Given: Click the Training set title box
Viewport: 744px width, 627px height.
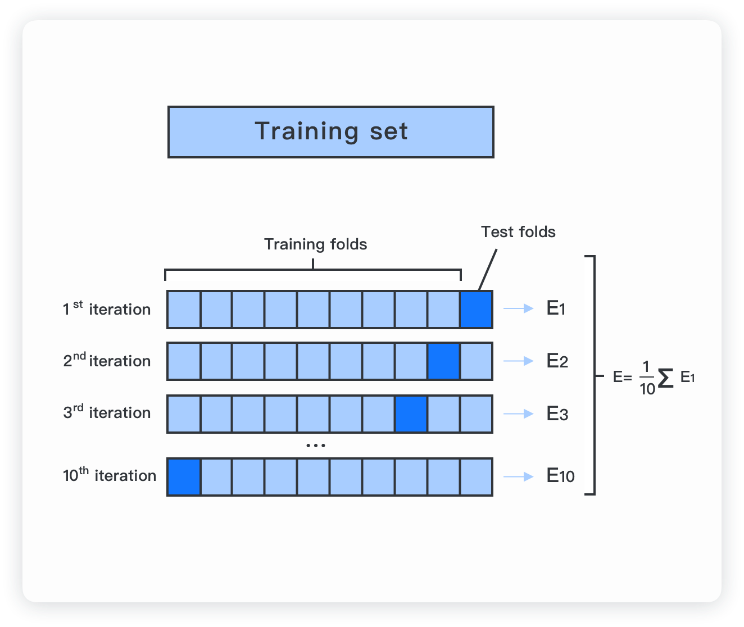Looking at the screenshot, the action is coord(330,132).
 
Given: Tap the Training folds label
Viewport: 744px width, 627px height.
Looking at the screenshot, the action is coord(315,244).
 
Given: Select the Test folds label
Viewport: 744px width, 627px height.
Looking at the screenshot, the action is coord(518,232).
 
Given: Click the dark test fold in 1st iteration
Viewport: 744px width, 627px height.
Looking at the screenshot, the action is coord(476,309).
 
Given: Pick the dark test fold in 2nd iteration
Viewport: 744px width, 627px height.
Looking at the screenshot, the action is coord(443,361).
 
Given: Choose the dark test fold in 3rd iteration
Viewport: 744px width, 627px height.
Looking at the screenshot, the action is coord(411,414).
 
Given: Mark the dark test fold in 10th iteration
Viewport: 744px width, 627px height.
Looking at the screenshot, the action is coord(184,476).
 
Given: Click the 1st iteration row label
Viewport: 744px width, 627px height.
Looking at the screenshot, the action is coord(107,308).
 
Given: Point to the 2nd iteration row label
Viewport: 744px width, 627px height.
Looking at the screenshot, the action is coord(107,360).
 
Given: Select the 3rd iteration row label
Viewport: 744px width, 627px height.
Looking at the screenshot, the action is coord(107,412).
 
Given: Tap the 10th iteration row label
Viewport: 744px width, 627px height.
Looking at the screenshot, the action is coord(110,475).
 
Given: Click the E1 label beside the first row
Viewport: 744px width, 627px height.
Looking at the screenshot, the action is coord(556,308).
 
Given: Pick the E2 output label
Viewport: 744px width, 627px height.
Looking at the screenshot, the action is coord(557,361).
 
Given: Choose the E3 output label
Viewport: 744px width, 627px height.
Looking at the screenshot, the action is coord(557,414).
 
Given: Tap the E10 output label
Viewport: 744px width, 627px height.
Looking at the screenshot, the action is coord(560,476).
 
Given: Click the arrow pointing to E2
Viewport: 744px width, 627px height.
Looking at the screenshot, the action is coord(519,361).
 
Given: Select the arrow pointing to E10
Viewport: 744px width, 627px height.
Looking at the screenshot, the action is coord(519,476).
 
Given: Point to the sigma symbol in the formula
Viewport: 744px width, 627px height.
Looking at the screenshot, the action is coord(665,378).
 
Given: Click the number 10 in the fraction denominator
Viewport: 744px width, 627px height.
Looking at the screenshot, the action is coord(647,389).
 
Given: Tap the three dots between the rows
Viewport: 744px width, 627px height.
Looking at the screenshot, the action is coord(316,446).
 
